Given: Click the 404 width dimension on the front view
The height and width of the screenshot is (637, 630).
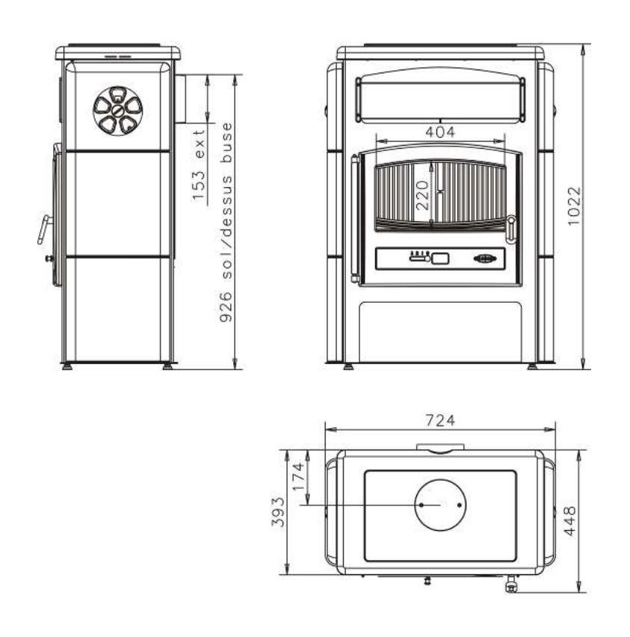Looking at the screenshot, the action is (x=440, y=132).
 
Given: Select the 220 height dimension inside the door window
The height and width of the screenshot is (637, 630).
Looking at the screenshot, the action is (x=422, y=195).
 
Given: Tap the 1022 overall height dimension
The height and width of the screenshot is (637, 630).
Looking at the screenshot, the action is (x=575, y=206).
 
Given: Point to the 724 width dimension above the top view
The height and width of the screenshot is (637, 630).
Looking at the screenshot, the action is (x=440, y=420).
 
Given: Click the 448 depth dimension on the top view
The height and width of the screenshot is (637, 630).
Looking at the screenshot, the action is (x=570, y=521).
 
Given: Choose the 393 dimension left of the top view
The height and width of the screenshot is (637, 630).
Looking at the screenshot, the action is (x=278, y=512).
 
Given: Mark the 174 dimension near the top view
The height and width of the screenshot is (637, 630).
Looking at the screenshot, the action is (x=298, y=476).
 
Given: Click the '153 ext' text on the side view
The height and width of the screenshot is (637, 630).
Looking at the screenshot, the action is (x=199, y=165).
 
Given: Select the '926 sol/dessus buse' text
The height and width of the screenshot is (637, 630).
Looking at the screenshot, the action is (x=226, y=222).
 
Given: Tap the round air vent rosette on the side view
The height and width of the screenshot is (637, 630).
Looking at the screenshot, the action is (x=118, y=111).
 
